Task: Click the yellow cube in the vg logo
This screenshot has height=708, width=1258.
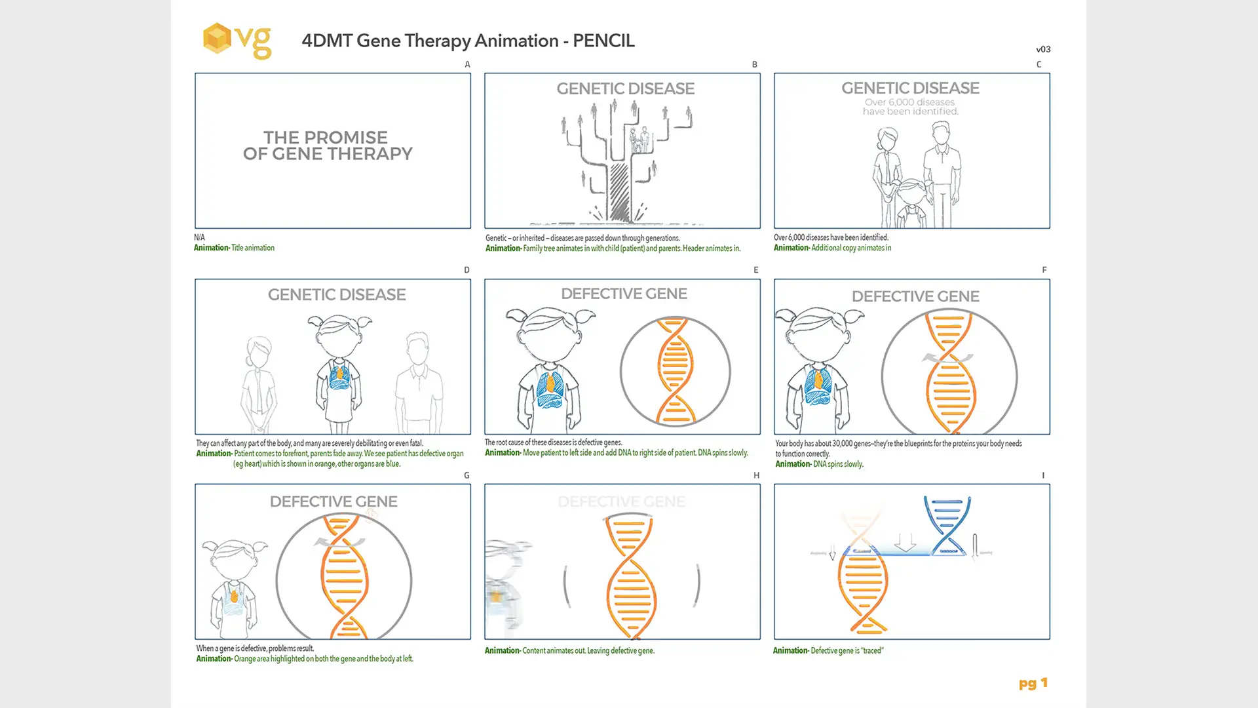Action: (217, 38)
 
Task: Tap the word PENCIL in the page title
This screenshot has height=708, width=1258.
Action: (603, 41)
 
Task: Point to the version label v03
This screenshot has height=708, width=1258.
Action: (1043, 49)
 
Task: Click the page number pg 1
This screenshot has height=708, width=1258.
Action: (1033, 683)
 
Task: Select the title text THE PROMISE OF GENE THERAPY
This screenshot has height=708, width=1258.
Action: (328, 146)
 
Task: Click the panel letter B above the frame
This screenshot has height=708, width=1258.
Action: (754, 64)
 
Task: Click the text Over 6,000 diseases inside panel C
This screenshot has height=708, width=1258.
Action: (909, 102)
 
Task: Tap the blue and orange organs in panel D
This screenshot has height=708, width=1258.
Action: (339, 377)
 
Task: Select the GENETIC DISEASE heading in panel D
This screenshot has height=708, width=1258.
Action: (337, 295)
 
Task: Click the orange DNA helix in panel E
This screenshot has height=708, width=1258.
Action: (675, 371)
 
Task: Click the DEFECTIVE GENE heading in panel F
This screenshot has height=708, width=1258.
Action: (915, 296)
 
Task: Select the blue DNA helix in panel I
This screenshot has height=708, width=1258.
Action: (947, 524)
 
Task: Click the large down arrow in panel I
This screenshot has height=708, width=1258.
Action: (905, 543)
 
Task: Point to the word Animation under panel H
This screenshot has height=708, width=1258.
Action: (502, 651)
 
